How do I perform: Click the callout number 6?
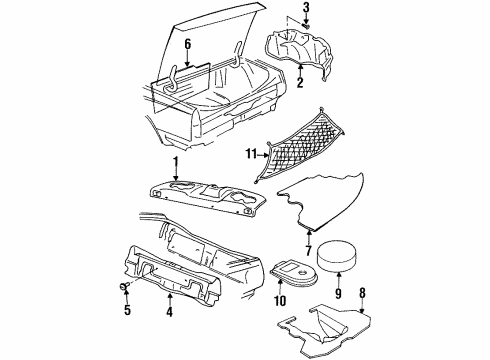[187, 44]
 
